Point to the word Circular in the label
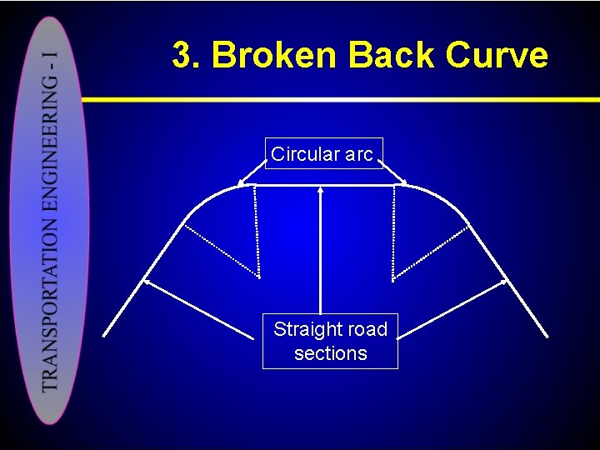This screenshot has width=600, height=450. coord(305,154)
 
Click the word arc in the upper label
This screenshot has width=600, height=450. coord(359,154)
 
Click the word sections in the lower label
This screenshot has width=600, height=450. coord(330,353)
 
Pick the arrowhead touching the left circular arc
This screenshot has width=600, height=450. coord(242,182)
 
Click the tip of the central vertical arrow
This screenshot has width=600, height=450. coord(321,188)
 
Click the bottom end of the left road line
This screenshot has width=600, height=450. coord(103,336)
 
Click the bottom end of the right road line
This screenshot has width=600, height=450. coord(547,337)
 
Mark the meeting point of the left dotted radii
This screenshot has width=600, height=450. coord(259,277)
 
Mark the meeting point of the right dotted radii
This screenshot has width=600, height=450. coord(393,277)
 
